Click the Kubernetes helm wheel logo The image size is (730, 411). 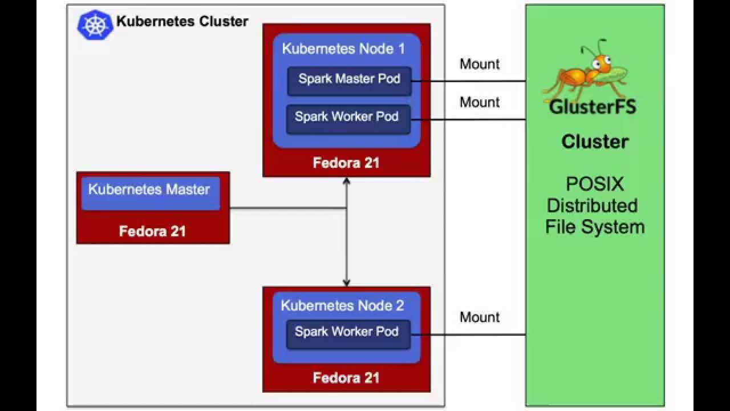tap(95, 26)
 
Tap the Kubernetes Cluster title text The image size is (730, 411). tap(182, 22)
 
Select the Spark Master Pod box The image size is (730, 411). tap(348, 80)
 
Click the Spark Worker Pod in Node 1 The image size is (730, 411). tap(348, 118)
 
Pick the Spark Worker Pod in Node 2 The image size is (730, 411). tap(347, 333)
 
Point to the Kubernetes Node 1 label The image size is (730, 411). tap(343, 49)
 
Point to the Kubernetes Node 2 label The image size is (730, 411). tap(342, 306)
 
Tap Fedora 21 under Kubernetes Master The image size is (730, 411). tap(152, 231)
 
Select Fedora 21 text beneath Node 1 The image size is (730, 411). tap(346, 163)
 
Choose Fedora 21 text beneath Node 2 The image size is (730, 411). tap(346, 378)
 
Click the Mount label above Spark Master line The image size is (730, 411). tap(480, 64)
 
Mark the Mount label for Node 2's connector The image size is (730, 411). tap(480, 317)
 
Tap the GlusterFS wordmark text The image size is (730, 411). tap(593, 107)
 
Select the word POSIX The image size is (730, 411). tap(595, 184)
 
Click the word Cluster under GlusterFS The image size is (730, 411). tap(595, 142)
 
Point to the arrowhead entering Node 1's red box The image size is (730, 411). tap(346, 181)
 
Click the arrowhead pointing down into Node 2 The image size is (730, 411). tap(346, 283)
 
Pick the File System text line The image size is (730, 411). tap(595, 227)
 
